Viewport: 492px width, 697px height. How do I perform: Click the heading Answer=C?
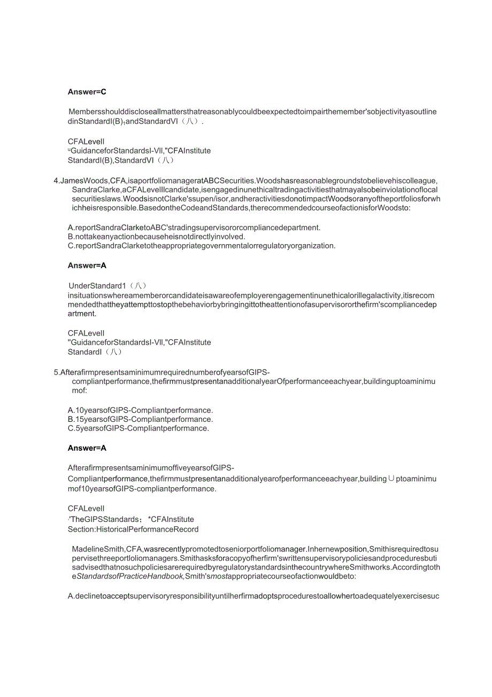pos(87,92)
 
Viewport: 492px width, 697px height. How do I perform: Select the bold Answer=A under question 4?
pos(87,266)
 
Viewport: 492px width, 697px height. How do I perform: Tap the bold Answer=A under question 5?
pos(87,448)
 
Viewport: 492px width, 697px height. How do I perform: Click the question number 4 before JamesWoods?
pos(56,181)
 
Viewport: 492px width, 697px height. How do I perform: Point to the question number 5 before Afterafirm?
pos(56,373)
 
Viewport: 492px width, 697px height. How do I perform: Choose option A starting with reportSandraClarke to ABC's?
pos(194,228)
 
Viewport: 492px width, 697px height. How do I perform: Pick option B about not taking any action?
pos(156,237)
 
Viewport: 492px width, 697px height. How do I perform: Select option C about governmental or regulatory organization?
pos(202,246)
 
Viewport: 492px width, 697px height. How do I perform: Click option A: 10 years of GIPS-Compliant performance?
pos(140,411)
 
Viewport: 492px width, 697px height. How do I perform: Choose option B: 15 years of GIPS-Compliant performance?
pos(140,419)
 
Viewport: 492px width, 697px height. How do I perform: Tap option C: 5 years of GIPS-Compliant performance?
pos(138,428)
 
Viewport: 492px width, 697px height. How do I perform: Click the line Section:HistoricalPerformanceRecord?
pos(133,529)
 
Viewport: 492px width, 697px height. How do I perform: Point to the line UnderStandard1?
pos(107,286)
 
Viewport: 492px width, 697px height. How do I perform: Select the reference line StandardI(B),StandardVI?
pos(121,160)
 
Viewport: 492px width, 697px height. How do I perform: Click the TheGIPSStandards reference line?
pos(132,519)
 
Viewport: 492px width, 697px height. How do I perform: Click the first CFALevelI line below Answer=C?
pos(86,142)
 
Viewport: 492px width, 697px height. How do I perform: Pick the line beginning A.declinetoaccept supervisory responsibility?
pos(253,596)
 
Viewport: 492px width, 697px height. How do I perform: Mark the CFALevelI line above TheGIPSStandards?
pos(86,509)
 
